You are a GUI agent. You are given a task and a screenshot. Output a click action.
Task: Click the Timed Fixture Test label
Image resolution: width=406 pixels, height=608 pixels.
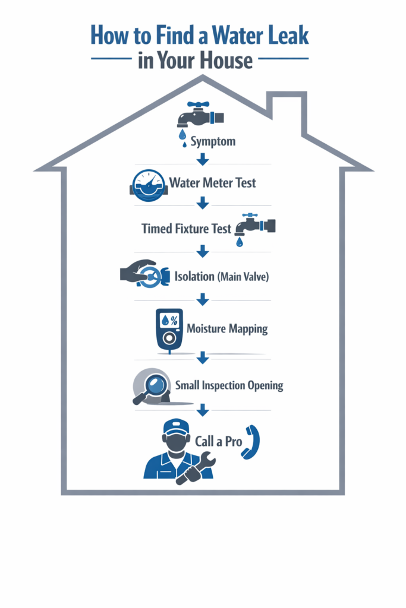pyautogui.click(x=186, y=229)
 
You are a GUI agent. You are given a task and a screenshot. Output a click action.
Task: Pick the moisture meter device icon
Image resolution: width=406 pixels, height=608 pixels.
pyautogui.click(x=169, y=330)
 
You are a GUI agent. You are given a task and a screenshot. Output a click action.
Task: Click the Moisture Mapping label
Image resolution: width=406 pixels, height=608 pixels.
pyautogui.click(x=227, y=328)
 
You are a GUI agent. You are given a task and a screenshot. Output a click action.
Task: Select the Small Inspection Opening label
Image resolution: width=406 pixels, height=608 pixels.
pyautogui.click(x=229, y=385)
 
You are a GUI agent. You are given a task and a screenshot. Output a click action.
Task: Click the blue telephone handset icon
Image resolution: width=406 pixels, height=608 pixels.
pyautogui.click(x=250, y=442)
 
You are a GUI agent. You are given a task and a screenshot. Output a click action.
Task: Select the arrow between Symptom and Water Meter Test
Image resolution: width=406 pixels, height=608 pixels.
pyautogui.click(x=203, y=159)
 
